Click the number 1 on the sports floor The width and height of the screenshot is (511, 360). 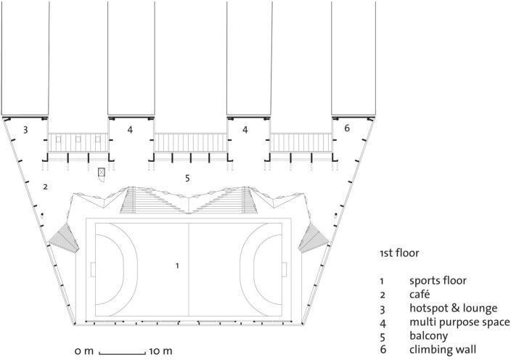177,266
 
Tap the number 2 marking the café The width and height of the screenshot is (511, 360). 45,187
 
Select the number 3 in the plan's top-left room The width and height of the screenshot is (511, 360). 25,130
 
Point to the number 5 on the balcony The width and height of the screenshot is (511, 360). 187,177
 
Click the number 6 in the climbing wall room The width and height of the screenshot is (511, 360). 347,128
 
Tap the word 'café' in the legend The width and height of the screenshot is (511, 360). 421,294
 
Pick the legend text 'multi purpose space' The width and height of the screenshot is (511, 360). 459,322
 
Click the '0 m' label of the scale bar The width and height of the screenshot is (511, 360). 84,351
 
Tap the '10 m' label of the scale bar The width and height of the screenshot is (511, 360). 161,351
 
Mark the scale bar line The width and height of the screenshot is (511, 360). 123,352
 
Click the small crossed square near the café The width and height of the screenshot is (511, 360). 102,172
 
